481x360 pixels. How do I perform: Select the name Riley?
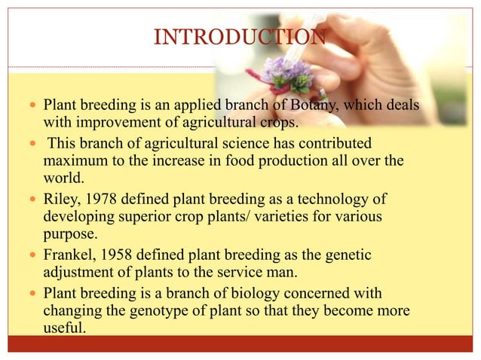60,199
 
